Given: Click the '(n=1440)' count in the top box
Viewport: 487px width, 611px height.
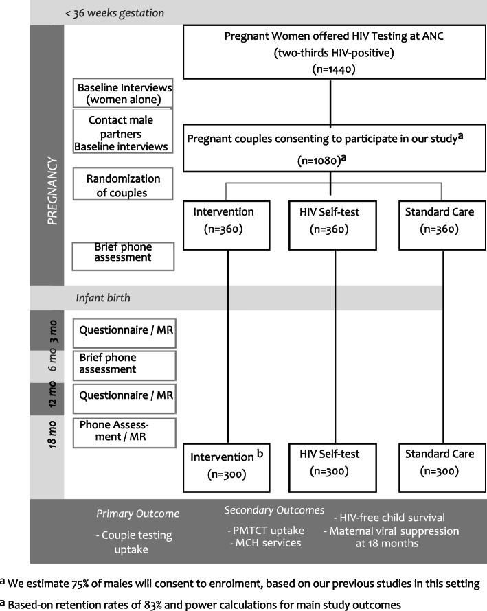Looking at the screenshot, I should (x=330, y=69).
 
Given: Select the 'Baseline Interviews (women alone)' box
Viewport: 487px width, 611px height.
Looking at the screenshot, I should (x=123, y=93).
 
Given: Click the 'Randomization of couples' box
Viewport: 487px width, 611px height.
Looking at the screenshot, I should (x=123, y=185).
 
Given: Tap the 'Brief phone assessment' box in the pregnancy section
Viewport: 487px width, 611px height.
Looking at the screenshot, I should (x=123, y=255).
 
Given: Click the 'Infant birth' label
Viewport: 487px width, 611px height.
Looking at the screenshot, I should (x=103, y=299).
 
